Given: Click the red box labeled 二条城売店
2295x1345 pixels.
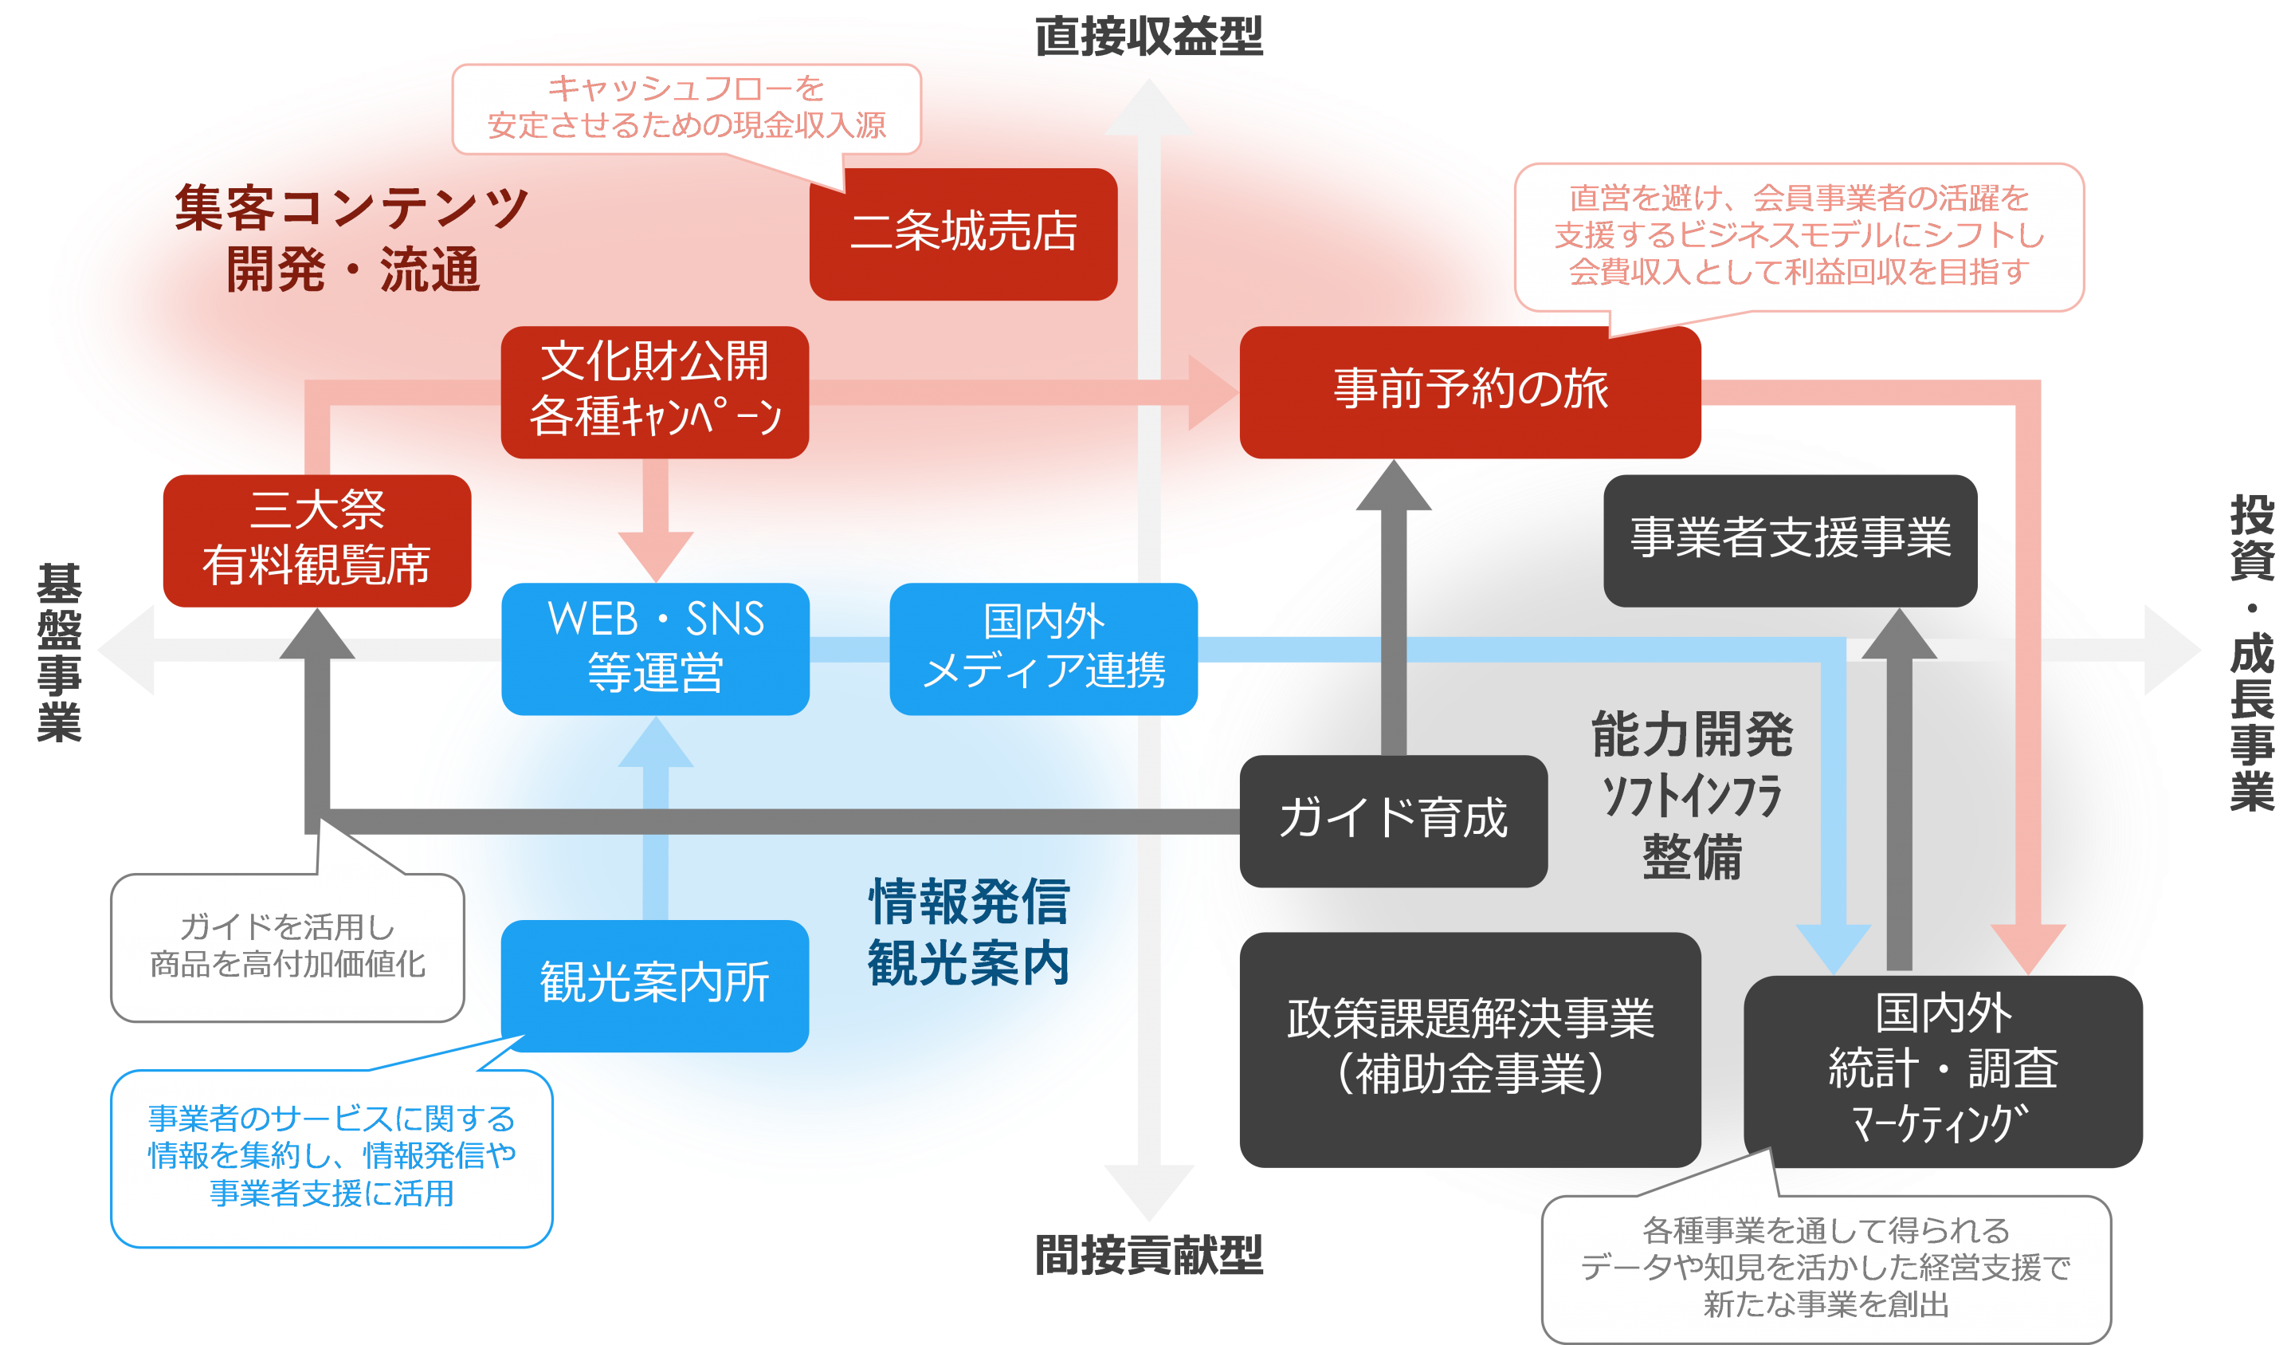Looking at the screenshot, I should (x=963, y=234).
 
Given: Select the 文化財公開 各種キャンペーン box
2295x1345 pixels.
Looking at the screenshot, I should (x=655, y=391).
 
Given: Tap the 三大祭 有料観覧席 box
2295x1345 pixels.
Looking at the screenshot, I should (x=316, y=540).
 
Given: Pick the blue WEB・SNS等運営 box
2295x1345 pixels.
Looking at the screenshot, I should (x=655, y=648).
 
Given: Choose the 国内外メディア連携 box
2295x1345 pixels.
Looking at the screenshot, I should (x=1043, y=648).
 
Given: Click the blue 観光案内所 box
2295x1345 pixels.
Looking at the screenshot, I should (x=655, y=984).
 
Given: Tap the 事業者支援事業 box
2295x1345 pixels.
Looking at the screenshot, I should (x=1790, y=540).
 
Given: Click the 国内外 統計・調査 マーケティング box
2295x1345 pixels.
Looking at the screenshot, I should (x=1943, y=1071).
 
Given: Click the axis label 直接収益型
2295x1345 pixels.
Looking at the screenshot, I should (x=1148, y=37).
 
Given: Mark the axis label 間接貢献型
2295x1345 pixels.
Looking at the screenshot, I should (x=1148, y=1256).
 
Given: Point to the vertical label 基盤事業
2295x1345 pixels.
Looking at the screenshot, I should (x=59, y=652).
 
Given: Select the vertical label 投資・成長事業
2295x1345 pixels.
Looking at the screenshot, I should (x=2251, y=652).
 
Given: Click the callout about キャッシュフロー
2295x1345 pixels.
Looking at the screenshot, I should (x=687, y=108).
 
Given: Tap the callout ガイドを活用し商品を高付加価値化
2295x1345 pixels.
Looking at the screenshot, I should (x=287, y=947).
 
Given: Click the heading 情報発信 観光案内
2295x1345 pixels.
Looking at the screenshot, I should (x=968, y=932).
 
